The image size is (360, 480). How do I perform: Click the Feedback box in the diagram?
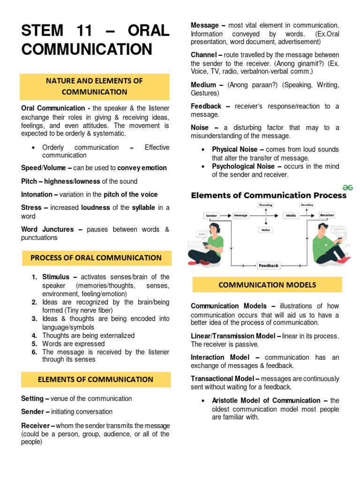coord(269,265)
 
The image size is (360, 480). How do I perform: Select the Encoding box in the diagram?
coord(266,205)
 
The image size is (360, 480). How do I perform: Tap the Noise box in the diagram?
coord(265,230)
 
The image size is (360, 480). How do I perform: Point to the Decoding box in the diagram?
coord(307,205)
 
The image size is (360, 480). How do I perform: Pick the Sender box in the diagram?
coord(211,216)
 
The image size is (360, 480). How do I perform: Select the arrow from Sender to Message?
coord(226,216)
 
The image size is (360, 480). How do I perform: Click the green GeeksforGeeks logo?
coord(347,187)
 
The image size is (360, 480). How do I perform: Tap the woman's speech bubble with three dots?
coord(202,234)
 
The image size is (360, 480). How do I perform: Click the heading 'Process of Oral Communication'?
coord(96,258)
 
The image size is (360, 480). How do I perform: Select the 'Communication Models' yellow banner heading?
coord(267,285)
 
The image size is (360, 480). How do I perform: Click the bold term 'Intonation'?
coord(38,194)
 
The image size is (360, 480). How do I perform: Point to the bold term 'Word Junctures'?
coord(47,229)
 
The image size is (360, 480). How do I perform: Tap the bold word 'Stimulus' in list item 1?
coord(55,277)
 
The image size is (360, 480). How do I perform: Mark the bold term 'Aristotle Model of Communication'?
coord(266,400)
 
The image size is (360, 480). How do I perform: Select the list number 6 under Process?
coord(35,352)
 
